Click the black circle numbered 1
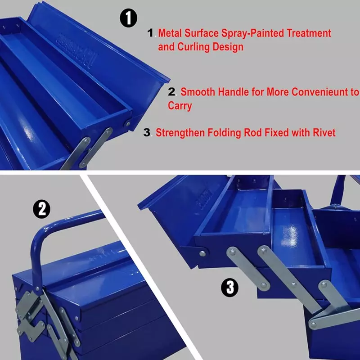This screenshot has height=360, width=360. (x=129, y=18)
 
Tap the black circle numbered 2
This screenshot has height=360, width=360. (x=42, y=209)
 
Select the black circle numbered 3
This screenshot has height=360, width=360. (x=230, y=288)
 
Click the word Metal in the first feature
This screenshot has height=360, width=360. (x=170, y=33)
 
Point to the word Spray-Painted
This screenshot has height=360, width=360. (x=252, y=33)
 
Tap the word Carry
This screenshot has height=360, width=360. (x=180, y=106)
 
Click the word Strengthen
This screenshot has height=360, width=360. (x=180, y=133)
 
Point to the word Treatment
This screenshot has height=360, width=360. (x=309, y=33)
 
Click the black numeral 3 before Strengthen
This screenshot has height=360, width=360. (x=147, y=132)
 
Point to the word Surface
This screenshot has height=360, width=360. (x=202, y=33)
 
